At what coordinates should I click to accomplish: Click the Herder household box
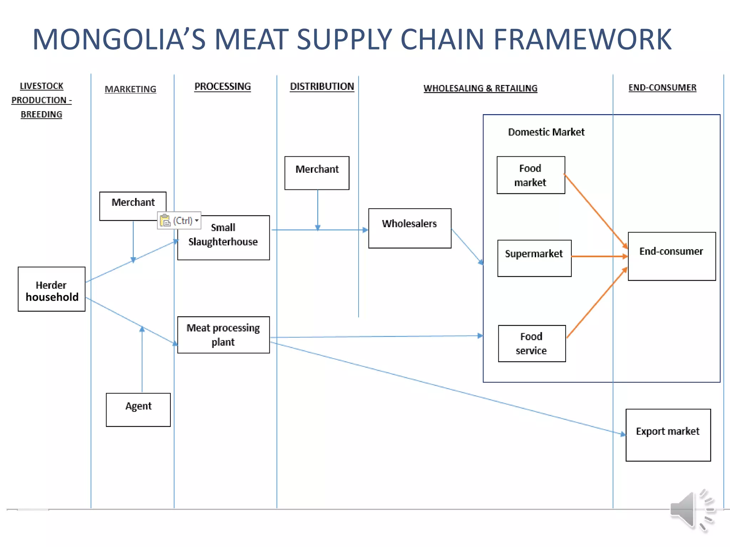[x=52, y=289]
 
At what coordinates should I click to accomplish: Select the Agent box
[x=138, y=410]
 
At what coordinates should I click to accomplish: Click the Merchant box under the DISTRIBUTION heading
[x=317, y=173]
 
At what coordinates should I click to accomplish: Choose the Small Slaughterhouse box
[x=223, y=238]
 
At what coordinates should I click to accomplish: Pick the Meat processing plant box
[x=223, y=335]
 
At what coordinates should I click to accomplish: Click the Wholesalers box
[x=410, y=228]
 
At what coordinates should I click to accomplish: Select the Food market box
[x=531, y=175]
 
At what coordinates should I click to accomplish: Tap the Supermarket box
[x=534, y=258]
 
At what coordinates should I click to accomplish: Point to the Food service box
[x=532, y=343]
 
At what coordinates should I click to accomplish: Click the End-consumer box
[x=672, y=256]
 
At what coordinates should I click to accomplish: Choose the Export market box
[x=668, y=435]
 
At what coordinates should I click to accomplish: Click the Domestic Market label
[x=546, y=132]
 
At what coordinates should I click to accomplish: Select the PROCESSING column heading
[x=222, y=87]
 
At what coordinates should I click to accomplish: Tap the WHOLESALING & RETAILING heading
[x=480, y=88]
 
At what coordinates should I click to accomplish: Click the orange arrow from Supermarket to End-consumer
[x=599, y=256]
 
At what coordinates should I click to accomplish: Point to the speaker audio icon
[x=692, y=510]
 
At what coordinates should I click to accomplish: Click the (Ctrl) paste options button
[x=179, y=221]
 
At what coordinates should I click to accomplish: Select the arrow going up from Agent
[x=142, y=360]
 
